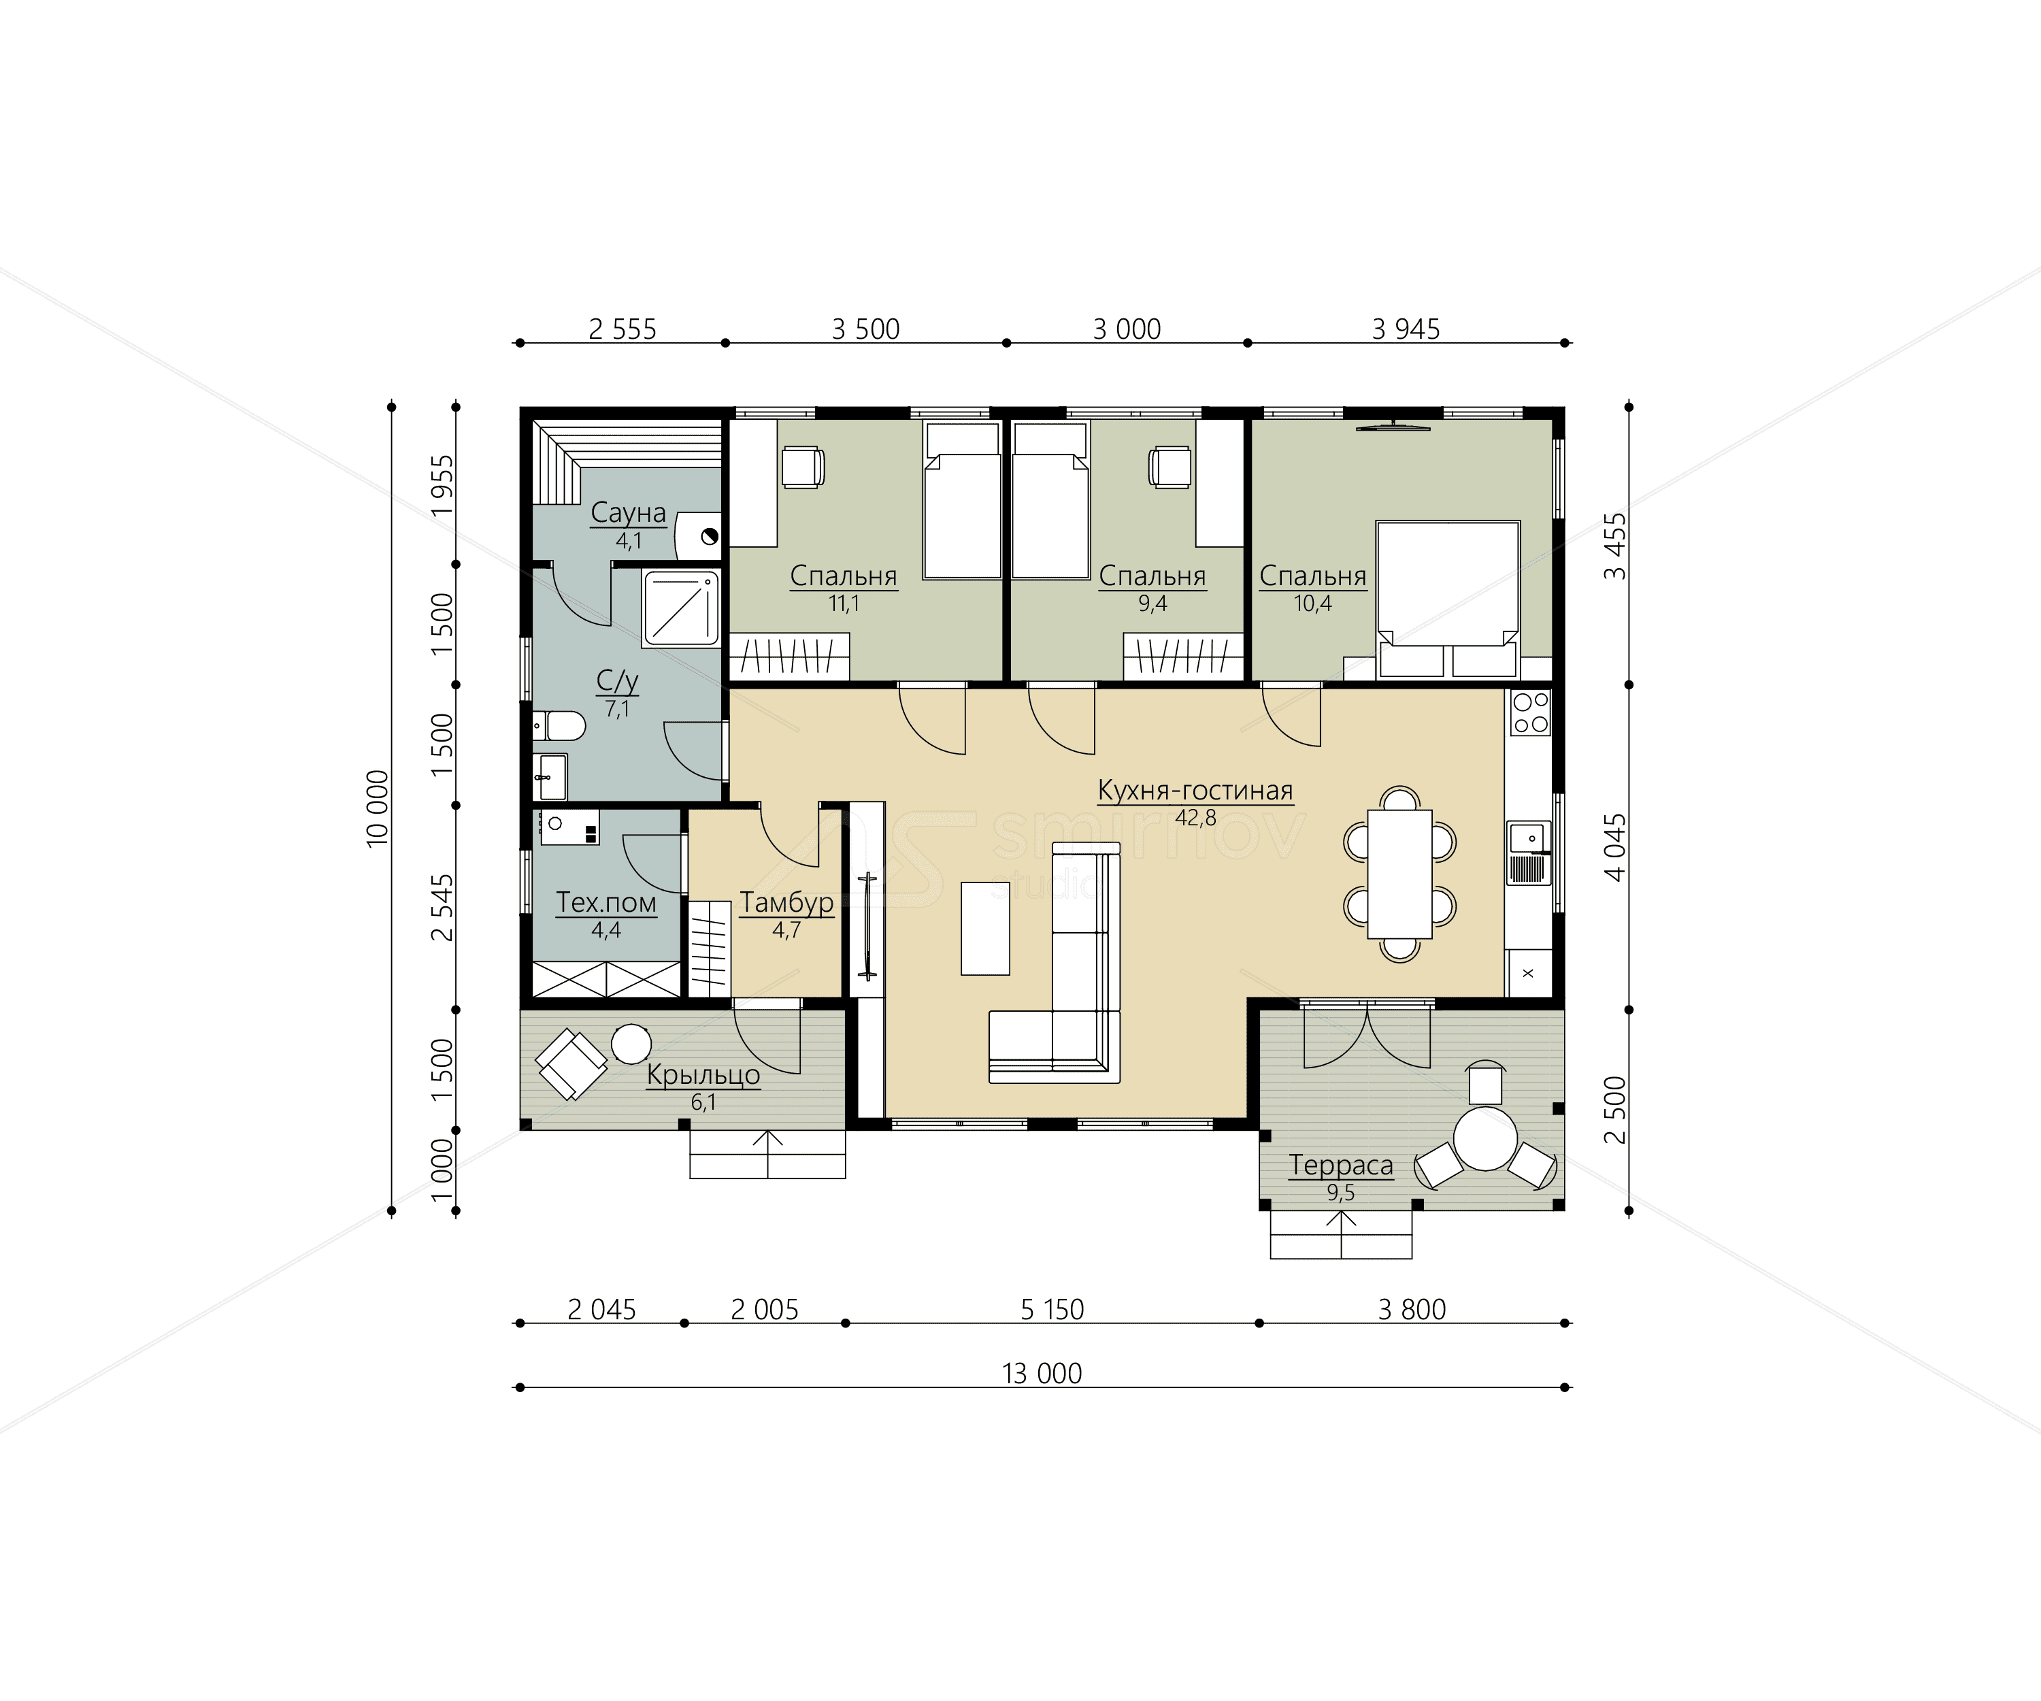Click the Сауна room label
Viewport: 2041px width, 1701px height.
click(628, 513)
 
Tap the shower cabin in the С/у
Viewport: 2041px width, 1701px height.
click(680, 608)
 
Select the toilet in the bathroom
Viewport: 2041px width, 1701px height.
click(558, 726)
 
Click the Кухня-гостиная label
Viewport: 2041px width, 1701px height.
click(1195, 790)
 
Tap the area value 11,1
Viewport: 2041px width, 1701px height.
click(844, 604)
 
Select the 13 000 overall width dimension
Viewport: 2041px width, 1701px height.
click(1042, 1374)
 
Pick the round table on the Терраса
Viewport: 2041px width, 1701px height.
click(1485, 1138)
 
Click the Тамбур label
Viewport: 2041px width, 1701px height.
click(786, 903)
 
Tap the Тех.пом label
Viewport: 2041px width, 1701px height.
click(605, 903)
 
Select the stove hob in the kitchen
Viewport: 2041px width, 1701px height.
click(1530, 712)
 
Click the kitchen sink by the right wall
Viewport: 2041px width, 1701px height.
click(1529, 853)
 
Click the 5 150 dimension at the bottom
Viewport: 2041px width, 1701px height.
click(1052, 1310)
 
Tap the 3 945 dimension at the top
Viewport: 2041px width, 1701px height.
click(1406, 329)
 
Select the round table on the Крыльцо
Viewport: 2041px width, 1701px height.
click(631, 1044)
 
